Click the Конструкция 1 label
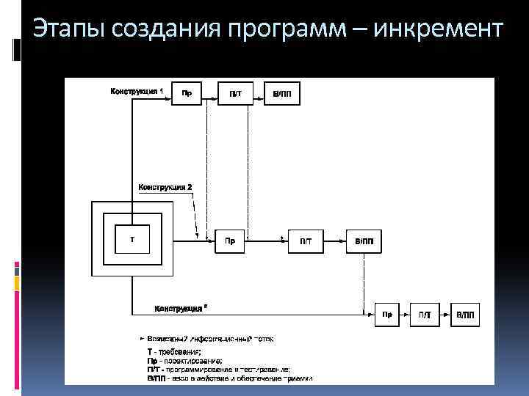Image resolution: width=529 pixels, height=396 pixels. coord(137,92)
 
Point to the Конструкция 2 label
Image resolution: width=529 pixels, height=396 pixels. coord(165,187)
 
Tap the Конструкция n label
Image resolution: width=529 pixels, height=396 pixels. coord(181,309)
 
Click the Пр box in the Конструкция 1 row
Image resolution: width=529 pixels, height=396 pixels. coord(187,93)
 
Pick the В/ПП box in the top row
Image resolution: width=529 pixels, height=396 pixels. coord(282,93)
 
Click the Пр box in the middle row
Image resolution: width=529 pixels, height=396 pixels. coord(230,241)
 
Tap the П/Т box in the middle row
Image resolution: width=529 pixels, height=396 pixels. coord(306,241)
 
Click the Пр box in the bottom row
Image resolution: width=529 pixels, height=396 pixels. coord(387,315)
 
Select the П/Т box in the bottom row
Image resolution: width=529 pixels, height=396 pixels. coord(425,315)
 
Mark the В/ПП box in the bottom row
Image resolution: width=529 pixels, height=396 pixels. coord(466,315)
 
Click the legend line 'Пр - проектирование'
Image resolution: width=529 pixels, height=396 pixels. coord(184,361)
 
